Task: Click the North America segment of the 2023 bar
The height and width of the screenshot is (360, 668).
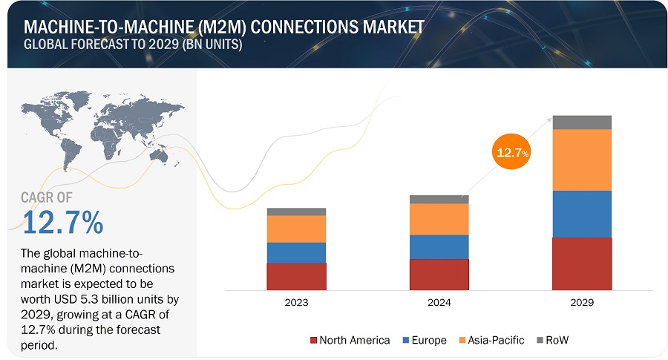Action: coord(296,276)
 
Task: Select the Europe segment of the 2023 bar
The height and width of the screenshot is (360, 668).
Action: coord(296,252)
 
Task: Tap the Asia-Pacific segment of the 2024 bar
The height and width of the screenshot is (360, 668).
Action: coord(439,219)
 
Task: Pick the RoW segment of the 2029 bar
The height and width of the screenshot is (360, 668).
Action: coord(582,122)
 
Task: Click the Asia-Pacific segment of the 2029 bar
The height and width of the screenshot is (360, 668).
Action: coord(582,160)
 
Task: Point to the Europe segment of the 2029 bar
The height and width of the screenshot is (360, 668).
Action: coord(582,214)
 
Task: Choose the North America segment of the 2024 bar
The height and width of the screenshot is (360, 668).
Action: coord(439,274)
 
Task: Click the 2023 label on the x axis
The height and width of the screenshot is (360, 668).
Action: coord(296,303)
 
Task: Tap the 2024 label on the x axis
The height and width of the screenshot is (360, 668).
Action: coord(439,303)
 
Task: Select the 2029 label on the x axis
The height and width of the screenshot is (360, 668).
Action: coord(582,303)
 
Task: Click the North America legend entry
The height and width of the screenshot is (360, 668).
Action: coord(350,340)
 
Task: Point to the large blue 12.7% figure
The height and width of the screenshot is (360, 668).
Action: coord(63,222)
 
